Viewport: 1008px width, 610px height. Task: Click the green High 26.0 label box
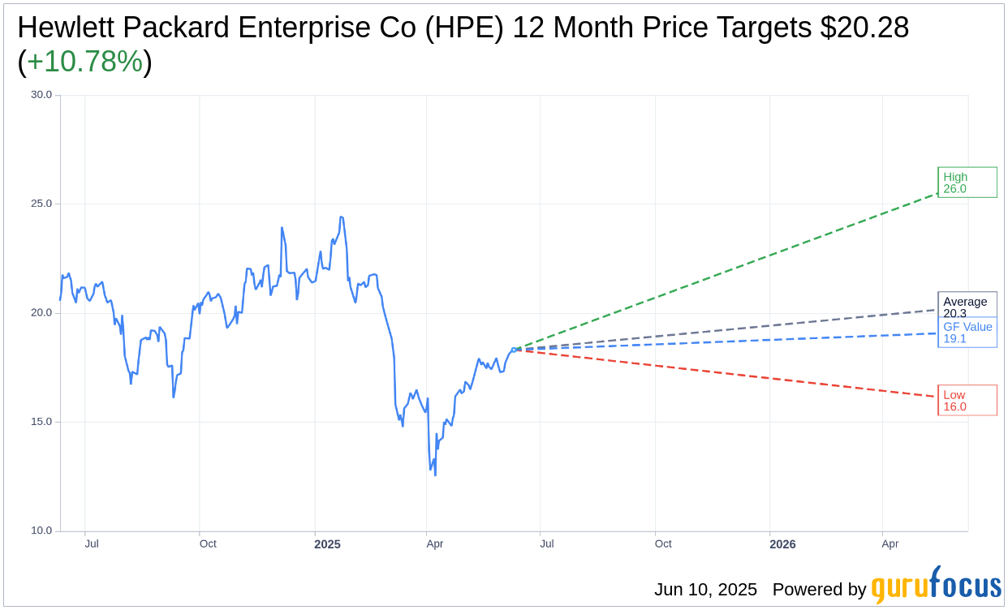[967, 183]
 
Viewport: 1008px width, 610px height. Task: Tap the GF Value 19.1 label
[967, 333]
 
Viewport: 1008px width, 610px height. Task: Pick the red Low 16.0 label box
[967, 401]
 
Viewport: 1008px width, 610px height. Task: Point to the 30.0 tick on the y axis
[41, 95]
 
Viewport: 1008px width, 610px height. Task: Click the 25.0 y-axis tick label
[41, 204]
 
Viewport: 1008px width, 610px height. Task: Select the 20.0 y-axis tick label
[41, 313]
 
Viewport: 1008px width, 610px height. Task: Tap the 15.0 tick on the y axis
[41, 422]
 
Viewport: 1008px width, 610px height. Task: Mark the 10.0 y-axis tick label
[41, 531]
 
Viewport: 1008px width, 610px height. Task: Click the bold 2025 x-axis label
[327, 544]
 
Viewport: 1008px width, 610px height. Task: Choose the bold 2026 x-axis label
[782, 544]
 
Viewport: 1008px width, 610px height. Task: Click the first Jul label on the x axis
[92, 543]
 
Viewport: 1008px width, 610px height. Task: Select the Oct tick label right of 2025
[663, 543]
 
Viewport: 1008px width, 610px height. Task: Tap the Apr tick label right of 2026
[890, 543]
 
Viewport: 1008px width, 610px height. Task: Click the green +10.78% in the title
[84, 62]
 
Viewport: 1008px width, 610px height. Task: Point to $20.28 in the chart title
[864, 28]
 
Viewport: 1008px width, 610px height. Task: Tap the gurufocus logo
[936, 586]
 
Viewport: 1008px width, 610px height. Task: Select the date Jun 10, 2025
[705, 590]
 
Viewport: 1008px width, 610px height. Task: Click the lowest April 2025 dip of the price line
[435, 475]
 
